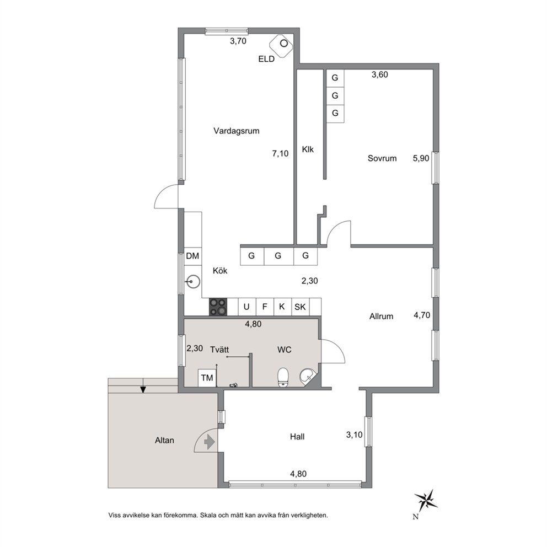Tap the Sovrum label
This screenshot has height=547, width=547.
tap(382, 158)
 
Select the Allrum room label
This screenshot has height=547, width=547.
tap(381, 317)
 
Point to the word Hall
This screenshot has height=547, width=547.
tap(297, 437)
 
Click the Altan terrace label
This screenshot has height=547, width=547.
tap(164, 441)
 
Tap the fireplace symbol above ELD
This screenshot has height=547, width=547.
tap(282, 45)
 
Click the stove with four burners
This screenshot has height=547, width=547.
tap(218, 307)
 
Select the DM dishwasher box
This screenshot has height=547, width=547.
tap(192, 256)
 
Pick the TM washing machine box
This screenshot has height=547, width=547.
tap(207, 378)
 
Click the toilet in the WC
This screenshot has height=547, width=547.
tap(283, 377)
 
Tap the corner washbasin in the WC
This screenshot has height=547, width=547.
tap(308, 377)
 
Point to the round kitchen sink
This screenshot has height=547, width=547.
tap(192, 281)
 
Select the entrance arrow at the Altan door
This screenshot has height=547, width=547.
tap(209, 442)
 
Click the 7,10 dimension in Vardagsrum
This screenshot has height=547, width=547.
tap(280, 153)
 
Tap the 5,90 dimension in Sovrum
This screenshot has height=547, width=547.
tap(421, 158)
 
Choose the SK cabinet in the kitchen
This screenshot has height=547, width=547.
tap(300, 307)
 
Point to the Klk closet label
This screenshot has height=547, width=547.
tap(308, 149)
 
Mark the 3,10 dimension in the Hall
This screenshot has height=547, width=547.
tap(354, 435)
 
